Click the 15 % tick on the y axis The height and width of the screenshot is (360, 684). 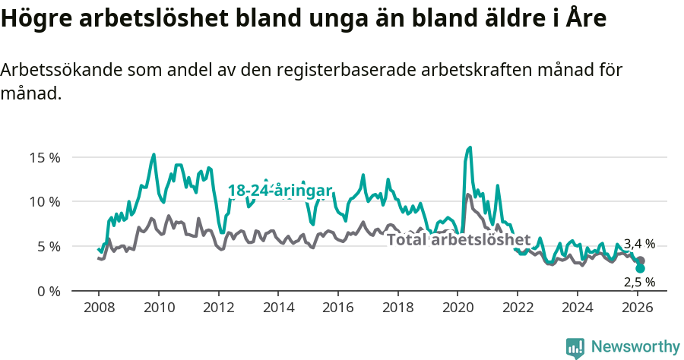tap(44, 158)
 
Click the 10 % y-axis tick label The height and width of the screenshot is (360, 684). tap(44, 202)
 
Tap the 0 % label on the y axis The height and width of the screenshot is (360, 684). tap(47, 291)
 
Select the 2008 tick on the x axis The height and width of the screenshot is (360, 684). tap(99, 308)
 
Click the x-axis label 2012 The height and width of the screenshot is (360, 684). tap(218, 308)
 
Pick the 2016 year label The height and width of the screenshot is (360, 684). tap(338, 308)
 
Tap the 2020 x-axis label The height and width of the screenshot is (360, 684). tap(458, 308)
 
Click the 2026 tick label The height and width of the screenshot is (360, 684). tap(637, 308)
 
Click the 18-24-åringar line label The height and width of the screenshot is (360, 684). tap(280, 191)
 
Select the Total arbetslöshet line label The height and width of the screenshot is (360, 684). tap(458, 240)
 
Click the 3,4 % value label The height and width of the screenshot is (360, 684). tap(639, 244)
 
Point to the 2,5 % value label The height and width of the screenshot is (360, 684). tap(639, 282)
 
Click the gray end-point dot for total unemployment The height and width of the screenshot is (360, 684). tap(640, 261)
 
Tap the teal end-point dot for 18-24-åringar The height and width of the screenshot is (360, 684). tap(640, 269)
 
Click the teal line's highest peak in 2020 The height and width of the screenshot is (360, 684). tap(470, 147)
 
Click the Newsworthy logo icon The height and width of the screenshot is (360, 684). tap(575, 347)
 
